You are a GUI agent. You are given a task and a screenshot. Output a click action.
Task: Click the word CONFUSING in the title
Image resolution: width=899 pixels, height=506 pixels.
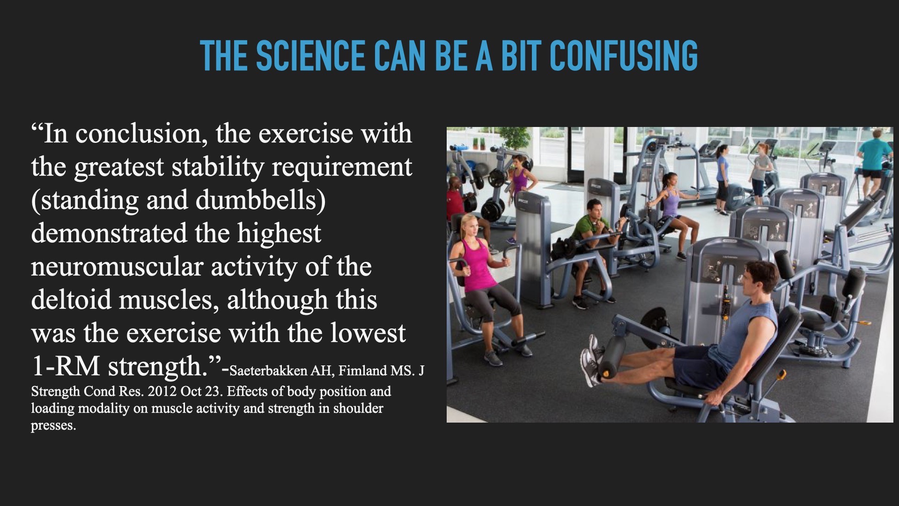tap(623, 56)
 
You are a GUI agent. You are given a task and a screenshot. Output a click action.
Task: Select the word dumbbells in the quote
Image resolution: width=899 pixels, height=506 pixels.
tap(260, 200)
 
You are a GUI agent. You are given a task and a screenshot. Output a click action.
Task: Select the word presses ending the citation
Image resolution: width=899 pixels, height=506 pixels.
tap(53, 426)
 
